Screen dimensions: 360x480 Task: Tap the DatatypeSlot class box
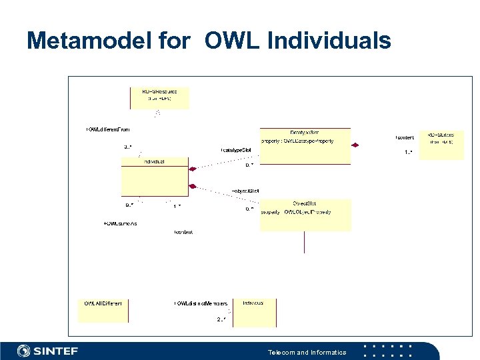tap(305, 146)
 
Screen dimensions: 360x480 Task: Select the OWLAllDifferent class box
tap(103, 310)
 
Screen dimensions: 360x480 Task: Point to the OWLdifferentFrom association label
tap(107, 129)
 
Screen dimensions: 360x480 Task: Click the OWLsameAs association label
tap(120, 224)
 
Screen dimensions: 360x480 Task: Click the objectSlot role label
tap(245, 191)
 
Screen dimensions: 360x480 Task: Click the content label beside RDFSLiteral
tap(404, 137)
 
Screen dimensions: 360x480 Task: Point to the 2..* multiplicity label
tap(221, 320)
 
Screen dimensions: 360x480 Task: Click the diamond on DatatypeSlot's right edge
tap(355, 145)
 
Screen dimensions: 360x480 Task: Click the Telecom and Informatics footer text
tap(307, 352)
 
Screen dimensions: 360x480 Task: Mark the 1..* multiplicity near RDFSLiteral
tap(408, 153)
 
